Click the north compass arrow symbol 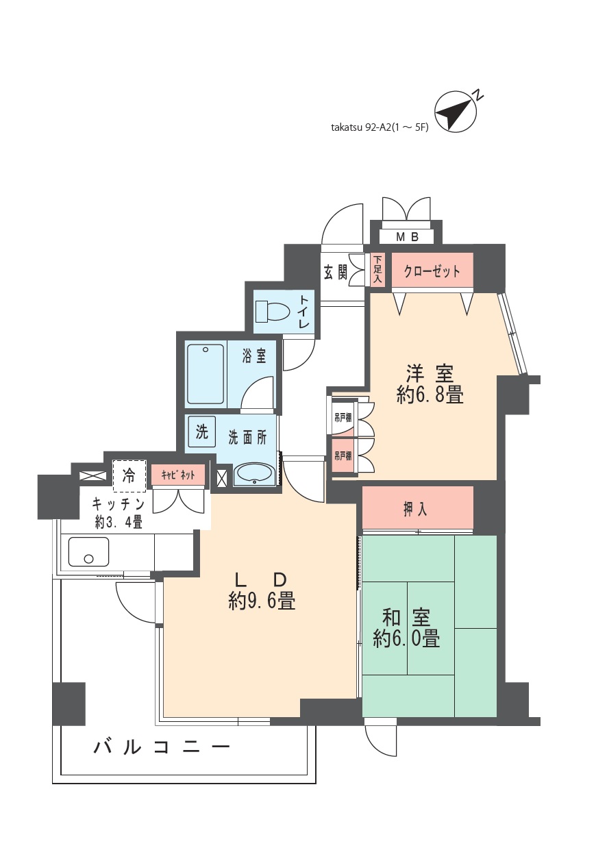pyautogui.click(x=454, y=111)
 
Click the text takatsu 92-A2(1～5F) pyautogui.click(x=380, y=127)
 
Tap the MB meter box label pyautogui.click(x=408, y=237)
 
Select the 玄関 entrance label pyautogui.click(x=335, y=272)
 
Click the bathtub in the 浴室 pyautogui.click(x=206, y=374)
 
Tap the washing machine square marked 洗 pyautogui.click(x=201, y=432)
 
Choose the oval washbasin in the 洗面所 pyautogui.click(x=253, y=475)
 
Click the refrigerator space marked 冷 pyautogui.click(x=129, y=476)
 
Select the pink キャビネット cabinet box pyautogui.click(x=178, y=475)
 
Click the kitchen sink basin pyautogui.click(x=89, y=551)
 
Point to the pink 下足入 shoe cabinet pyautogui.click(x=377, y=270)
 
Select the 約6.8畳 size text pyautogui.click(x=430, y=396)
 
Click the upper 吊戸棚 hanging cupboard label pyautogui.click(x=343, y=418)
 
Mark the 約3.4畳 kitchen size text pyautogui.click(x=119, y=523)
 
